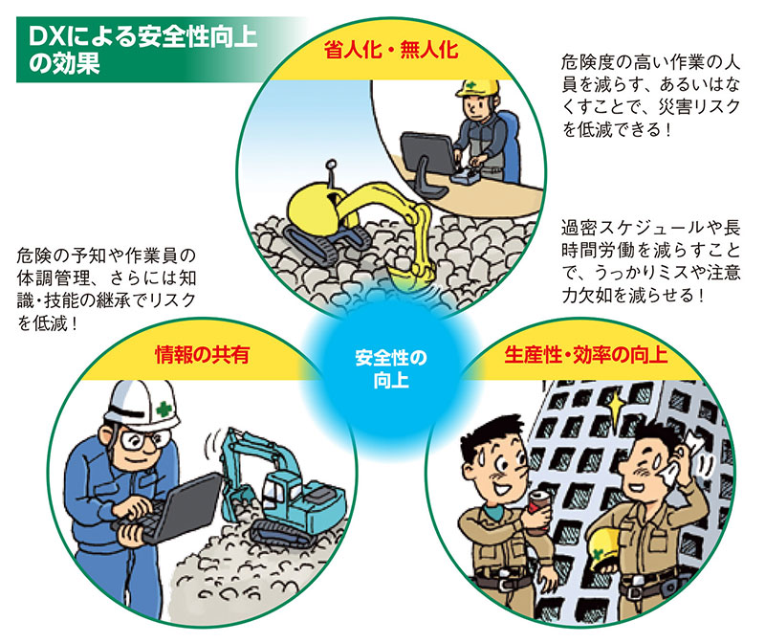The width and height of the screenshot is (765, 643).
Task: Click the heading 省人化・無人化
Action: click(391, 51)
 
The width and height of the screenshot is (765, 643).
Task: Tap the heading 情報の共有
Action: click(202, 354)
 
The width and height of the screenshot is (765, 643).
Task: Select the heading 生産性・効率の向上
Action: click(585, 354)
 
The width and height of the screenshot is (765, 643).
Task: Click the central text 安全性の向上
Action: click(391, 369)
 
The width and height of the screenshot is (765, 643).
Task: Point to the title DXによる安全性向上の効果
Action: click(142, 50)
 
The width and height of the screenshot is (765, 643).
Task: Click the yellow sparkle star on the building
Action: click(617, 406)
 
